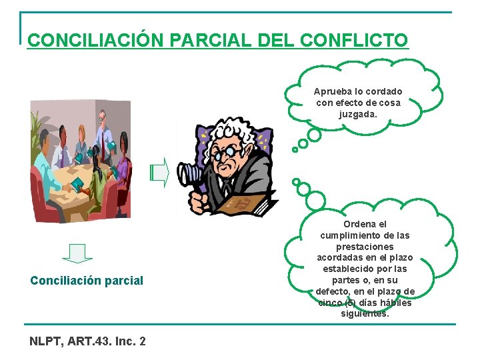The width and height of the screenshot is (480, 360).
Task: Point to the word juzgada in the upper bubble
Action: point(357,114)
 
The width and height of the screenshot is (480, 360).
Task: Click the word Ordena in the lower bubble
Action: point(365,225)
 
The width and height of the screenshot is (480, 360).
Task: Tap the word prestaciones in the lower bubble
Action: point(365,247)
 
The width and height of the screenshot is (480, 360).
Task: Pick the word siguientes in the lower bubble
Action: point(365,313)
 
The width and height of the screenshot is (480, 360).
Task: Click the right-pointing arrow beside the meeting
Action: point(159,173)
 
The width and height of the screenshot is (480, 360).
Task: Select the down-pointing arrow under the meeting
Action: point(77,254)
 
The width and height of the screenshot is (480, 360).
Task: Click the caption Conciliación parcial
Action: point(87,281)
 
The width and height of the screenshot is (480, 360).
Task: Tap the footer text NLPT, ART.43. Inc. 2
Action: point(87,341)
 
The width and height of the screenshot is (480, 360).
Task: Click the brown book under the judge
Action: point(247,203)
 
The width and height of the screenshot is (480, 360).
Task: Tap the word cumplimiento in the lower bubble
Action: point(365,235)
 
